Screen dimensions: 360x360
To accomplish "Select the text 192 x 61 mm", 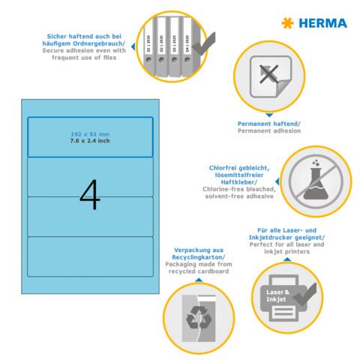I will point(90,133).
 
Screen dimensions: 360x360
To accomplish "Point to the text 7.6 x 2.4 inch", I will point(90,141).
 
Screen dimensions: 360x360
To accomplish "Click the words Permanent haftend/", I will point(268,123).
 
